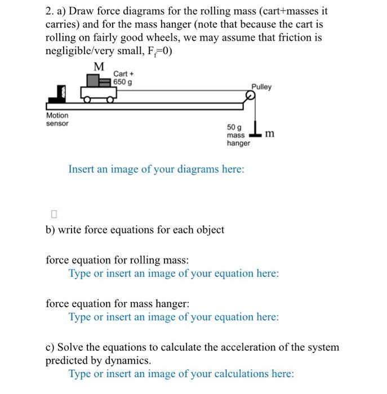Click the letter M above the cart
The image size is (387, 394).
[99, 67]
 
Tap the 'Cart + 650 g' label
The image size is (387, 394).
[123, 78]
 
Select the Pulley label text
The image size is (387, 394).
[261, 87]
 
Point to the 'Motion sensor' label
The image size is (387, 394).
[57, 119]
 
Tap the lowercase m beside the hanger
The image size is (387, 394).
[270, 133]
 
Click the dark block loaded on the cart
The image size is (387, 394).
[105, 82]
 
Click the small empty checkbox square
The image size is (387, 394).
[54, 214]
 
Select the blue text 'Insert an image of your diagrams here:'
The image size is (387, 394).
[156, 169]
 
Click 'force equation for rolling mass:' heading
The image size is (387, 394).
[117, 261]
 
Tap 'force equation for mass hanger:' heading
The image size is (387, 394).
[117, 304]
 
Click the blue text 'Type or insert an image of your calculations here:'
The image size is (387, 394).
[181, 374]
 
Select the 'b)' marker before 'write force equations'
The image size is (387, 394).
[50, 230]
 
